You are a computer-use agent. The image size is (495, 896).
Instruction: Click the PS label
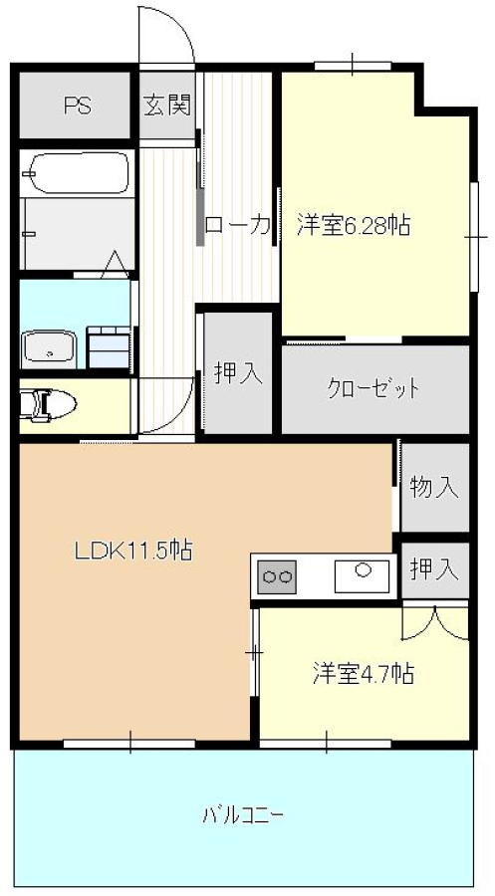click(x=78, y=106)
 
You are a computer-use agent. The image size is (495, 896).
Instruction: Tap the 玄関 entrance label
click(x=167, y=106)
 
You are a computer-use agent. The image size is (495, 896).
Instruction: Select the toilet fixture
click(x=49, y=405)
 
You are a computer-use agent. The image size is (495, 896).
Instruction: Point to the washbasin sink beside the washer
click(x=49, y=349)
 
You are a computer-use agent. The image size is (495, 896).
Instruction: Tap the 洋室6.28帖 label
click(x=354, y=225)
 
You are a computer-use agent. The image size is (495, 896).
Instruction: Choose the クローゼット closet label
click(x=373, y=389)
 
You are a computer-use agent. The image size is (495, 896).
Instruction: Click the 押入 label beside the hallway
click(x=238, y=373)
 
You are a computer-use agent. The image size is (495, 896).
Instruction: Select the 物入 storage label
click(x=434, y=488)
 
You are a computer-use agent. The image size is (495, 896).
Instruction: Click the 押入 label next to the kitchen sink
click(x=434, y=569)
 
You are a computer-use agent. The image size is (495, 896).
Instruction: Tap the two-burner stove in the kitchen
click(x=278, y=577)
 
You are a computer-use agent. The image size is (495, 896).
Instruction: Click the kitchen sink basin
click(x=362, y=576)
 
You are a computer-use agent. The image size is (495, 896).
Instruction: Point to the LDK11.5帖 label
click(x=132, y=551)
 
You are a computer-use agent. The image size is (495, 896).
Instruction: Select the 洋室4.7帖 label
click(x=364, y=674)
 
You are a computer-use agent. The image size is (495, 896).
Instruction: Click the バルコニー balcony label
click(x=243, y=813)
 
